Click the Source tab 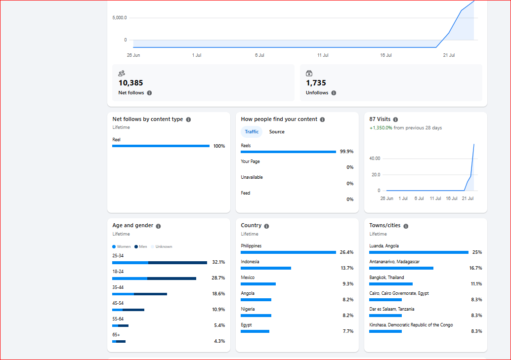coord(277,132)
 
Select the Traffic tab coord(252,132)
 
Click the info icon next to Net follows coord(149,93)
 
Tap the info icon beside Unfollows coord(334,93)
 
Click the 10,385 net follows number coord(130,83)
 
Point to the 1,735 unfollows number coord(316,83)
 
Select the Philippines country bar coord(289,252)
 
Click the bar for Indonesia coord(266,268)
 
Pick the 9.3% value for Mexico coord(348,284)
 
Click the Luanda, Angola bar coord(419,252)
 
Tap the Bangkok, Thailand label coord(386,278)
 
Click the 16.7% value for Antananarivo coord(475,268)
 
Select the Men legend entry coord(141,246)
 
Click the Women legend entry coord(121,246)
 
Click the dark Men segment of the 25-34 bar coord(177,263)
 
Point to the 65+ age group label coord(116,335)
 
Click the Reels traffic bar coord(289,152)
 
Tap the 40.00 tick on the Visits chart coord(375,159)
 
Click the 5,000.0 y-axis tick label coord(120,18)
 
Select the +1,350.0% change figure coord(381,128)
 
